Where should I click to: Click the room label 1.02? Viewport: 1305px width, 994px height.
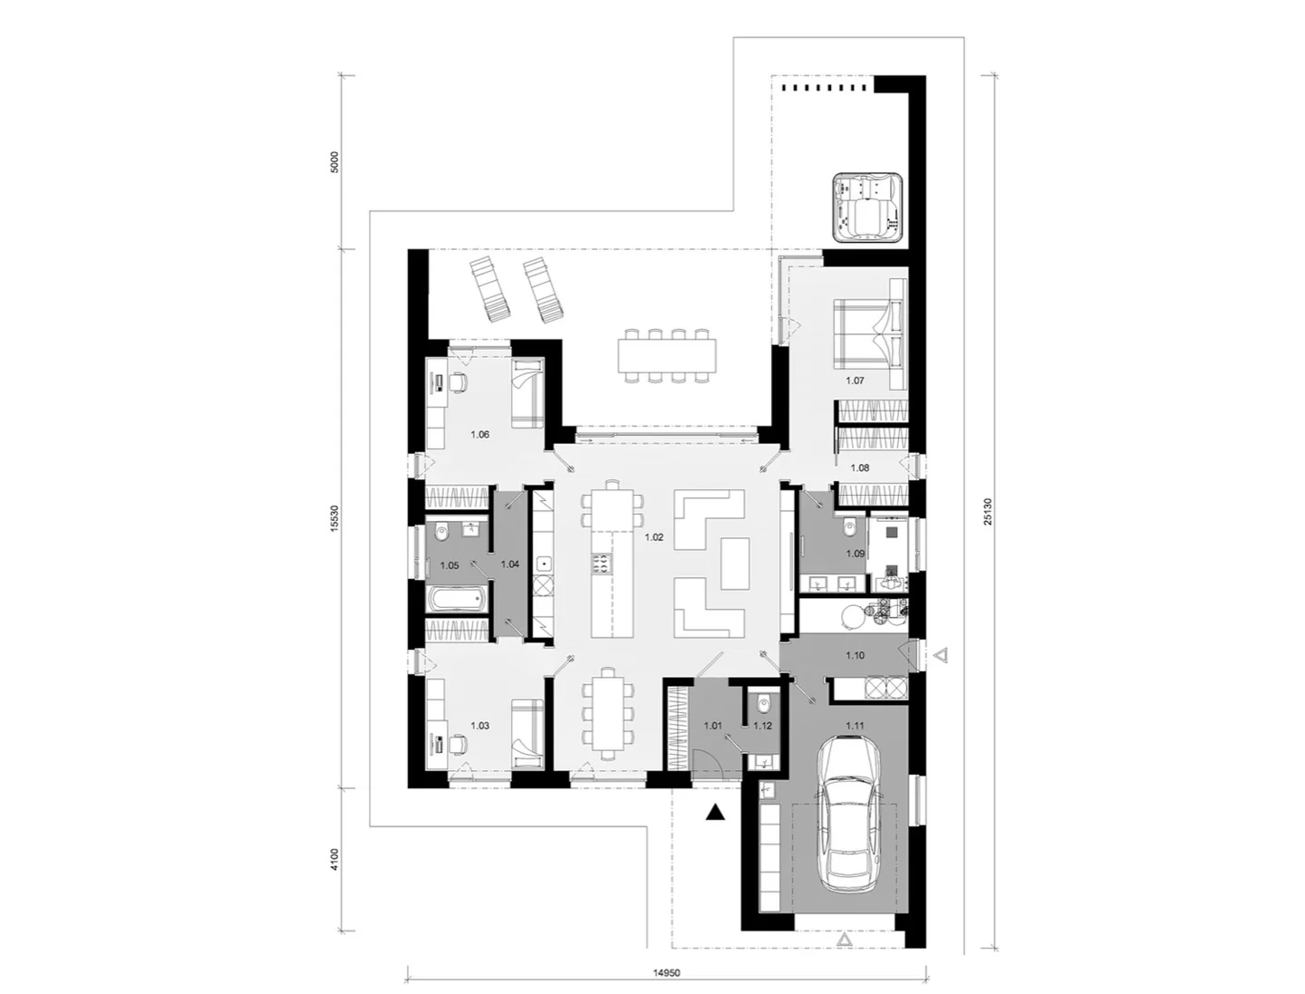coord(654,537)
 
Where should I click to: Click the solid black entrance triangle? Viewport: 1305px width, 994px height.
coord(717,813)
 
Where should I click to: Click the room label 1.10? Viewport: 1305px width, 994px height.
coord(855,654)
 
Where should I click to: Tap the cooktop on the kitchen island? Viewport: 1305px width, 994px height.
coord(600,564)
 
